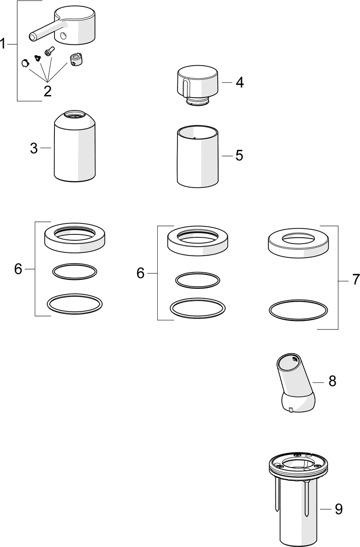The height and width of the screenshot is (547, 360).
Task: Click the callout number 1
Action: coord(3,44)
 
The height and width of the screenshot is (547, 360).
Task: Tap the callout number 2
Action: coord(48,91)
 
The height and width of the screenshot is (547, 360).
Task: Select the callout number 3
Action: coord(34,148)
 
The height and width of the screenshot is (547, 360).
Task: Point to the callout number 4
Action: coord(239,82)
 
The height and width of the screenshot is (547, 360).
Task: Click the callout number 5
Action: coord(239,155)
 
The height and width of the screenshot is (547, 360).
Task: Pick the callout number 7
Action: coord(356,280)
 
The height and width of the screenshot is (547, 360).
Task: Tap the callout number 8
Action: coord(332,381)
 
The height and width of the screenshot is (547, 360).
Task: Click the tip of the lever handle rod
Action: coord(32,37)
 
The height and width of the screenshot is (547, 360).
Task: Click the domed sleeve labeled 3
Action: coord(75,146)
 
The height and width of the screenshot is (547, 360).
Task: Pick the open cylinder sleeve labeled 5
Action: coord(198,157)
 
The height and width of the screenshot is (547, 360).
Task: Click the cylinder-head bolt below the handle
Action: coord(49,51)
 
